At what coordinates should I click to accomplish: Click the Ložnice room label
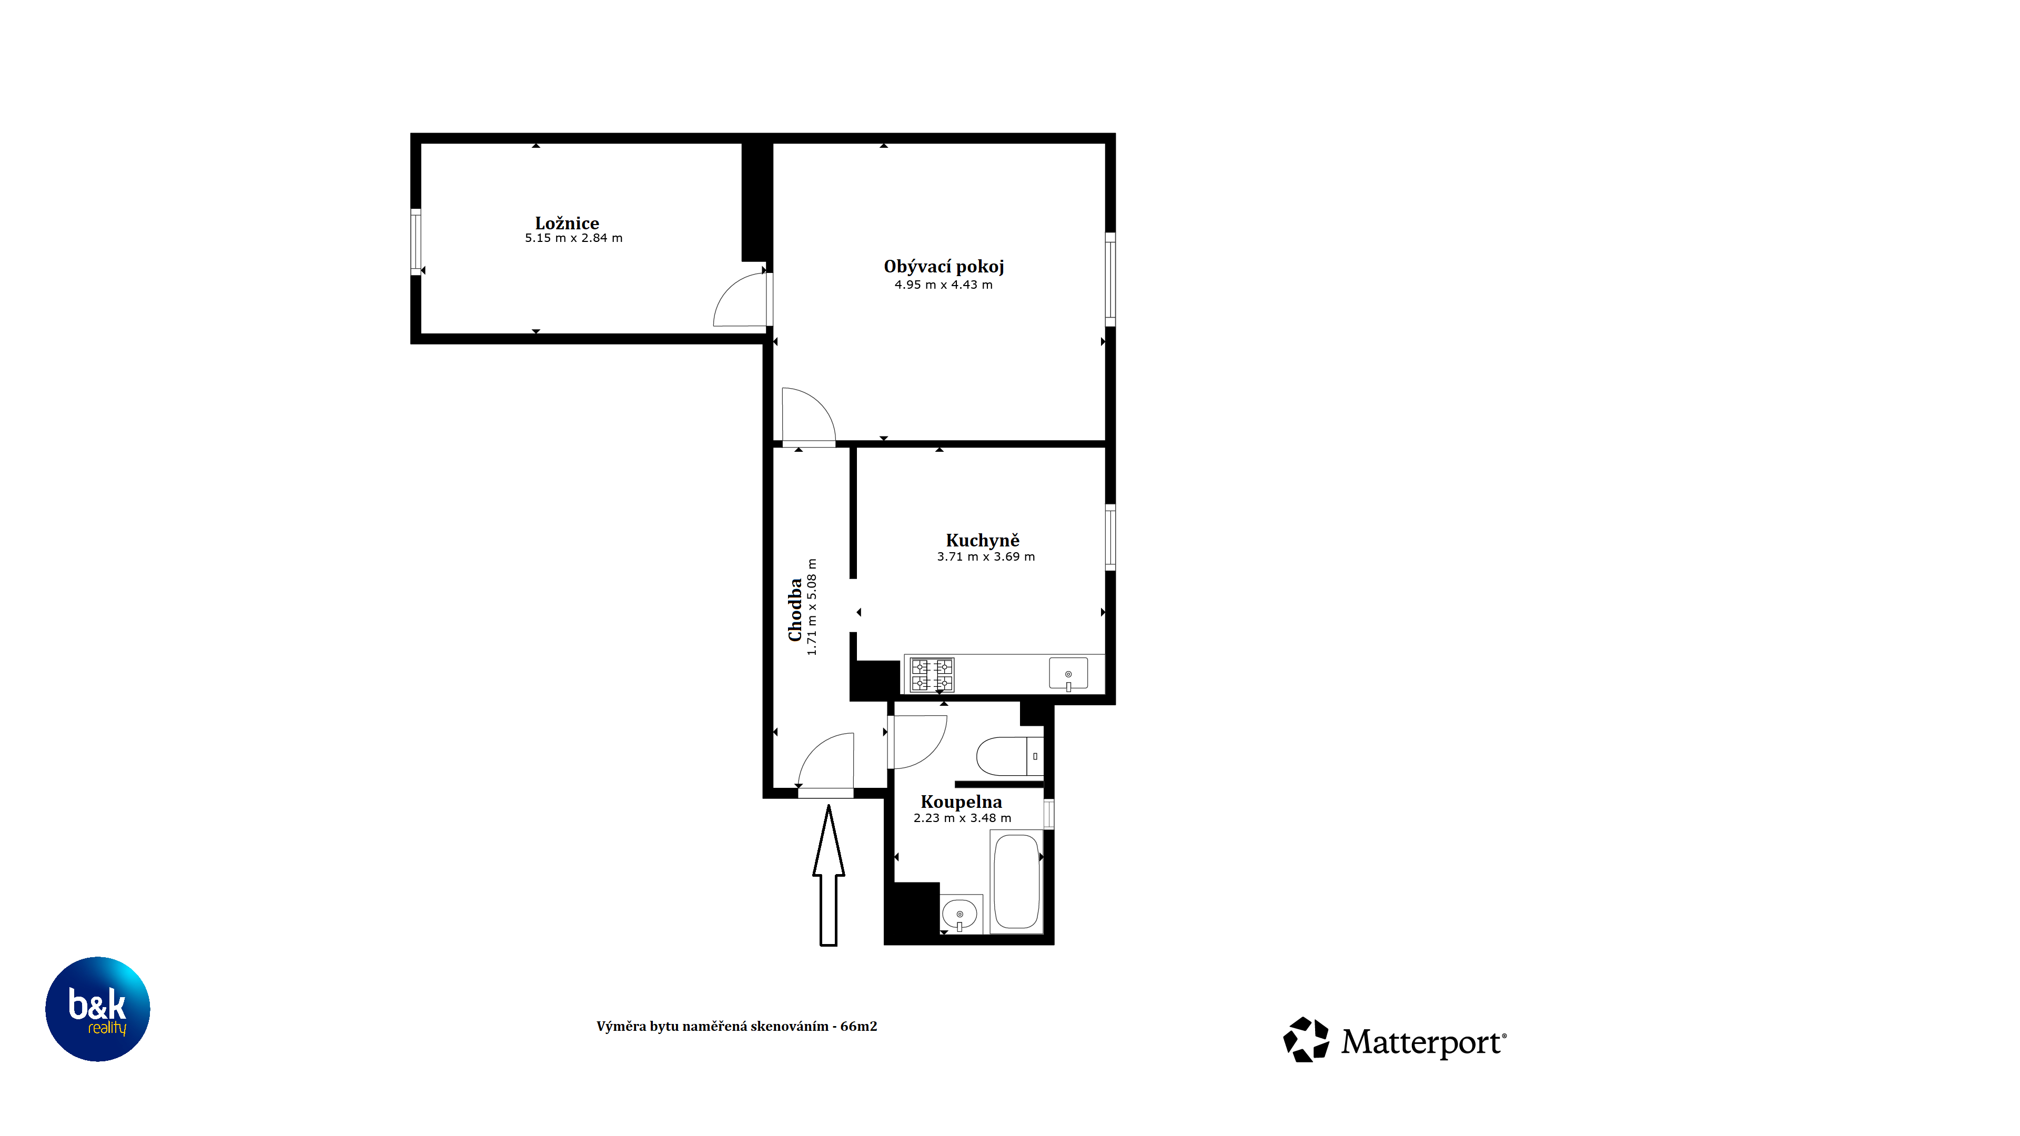click(x=567, y=224)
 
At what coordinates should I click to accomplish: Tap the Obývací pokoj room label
click(x=943, y=267)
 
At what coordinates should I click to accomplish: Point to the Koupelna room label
click(x=962, y=802)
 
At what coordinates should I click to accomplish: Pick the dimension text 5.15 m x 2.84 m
click(x=573, y=238)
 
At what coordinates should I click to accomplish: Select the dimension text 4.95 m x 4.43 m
click(x=943, y=285)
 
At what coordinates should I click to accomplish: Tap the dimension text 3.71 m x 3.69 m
click(x=986, y=556)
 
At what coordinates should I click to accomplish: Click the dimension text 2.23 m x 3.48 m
click(x=962, y=818)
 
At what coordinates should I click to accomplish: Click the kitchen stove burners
click(x=932, y=675)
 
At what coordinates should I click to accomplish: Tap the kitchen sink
click(x=1068, y=673)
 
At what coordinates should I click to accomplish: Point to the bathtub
click(x=1016, y=882)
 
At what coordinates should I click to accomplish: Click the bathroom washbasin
click(x=960, y=914)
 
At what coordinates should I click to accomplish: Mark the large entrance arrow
click(x=828, y=876)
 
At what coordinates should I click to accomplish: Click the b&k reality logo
click(x=97, y=1009)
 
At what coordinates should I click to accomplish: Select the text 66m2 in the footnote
click(x=858, y=1026)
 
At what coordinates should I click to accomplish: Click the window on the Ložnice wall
click(x=416, y=241)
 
